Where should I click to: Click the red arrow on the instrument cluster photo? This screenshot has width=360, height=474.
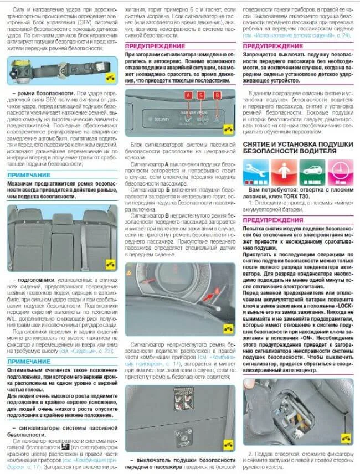click(x=208, y=300)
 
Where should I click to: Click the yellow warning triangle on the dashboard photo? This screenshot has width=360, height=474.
click(x=131, y=273)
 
